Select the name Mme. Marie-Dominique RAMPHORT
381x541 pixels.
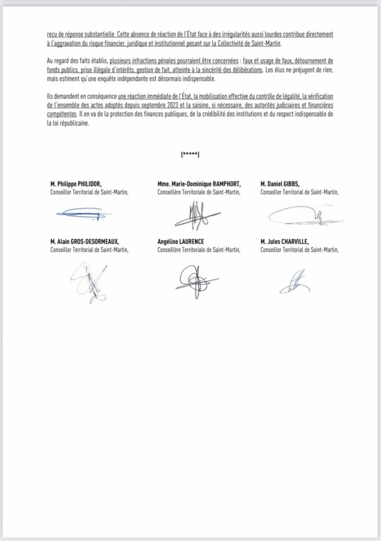pos(199,184)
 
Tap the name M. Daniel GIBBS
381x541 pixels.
pos(281,184)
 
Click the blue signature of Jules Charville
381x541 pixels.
pos(296,282)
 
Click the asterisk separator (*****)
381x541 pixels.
pos(190,154)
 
